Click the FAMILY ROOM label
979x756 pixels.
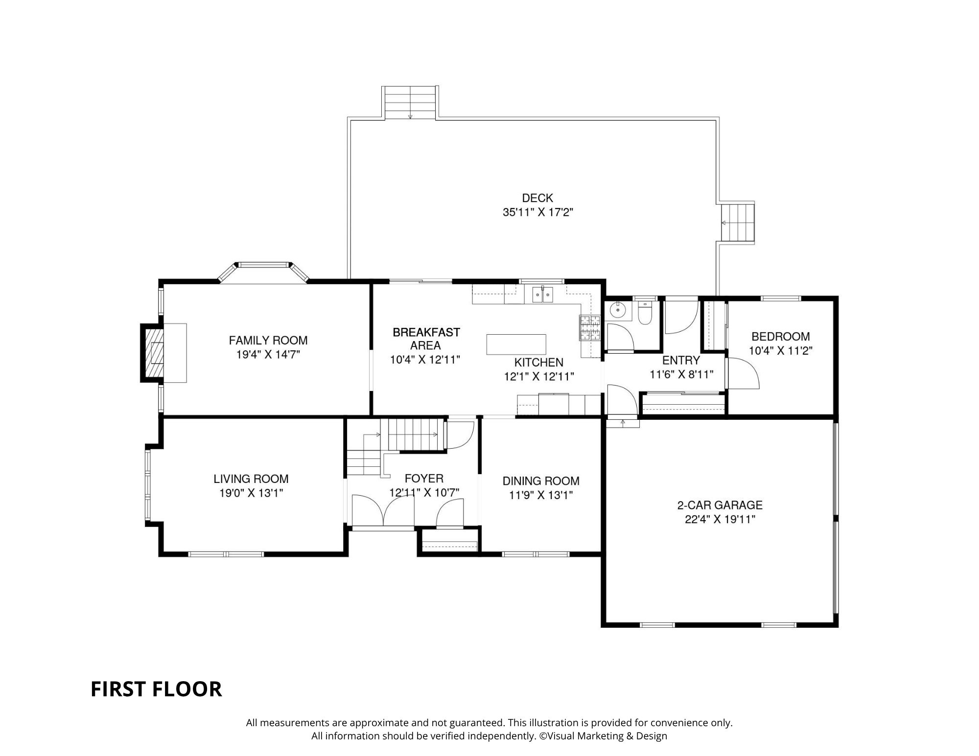click(268, 340)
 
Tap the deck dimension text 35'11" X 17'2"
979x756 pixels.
click(537, 212)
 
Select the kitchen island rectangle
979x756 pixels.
click(516, 344)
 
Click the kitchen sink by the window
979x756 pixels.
click(543, 295)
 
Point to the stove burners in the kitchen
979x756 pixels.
click(590, 328)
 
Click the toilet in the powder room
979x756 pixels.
click(645, 313)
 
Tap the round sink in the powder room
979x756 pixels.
click(619, 309)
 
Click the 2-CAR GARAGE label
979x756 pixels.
click(720, 505)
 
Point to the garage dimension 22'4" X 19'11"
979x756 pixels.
click(720, 519)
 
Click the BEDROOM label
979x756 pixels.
click(781, 337)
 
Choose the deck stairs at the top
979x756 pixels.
click(410, 102)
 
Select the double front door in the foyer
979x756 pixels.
click(383, 510)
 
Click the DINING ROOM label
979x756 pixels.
click(541, 481)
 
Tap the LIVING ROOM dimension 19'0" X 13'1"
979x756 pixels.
click(251, 493)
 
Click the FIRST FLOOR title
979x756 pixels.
click(156, 689)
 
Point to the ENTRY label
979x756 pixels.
click(681, 361)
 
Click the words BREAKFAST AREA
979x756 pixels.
click(426, 339)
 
